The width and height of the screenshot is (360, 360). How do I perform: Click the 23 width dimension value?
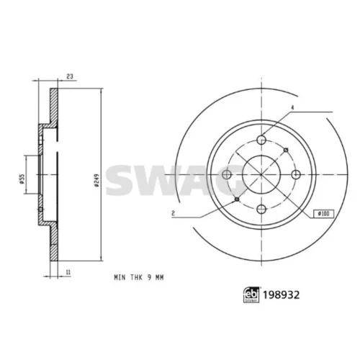[70, 76]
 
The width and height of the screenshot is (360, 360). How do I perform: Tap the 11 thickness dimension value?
[68, 272]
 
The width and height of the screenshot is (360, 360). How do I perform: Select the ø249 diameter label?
[96, 180]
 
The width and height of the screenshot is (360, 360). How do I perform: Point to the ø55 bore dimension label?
[22, 179]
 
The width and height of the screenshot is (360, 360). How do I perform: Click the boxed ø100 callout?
[323, 213]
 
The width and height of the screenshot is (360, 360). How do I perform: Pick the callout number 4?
[292, 108]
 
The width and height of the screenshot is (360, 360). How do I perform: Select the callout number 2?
[173, 213]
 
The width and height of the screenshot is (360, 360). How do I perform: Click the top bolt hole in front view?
[261, 140]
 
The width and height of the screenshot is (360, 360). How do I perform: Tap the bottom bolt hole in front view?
[261, 209]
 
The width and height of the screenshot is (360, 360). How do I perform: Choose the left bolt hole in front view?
[227, 174]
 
